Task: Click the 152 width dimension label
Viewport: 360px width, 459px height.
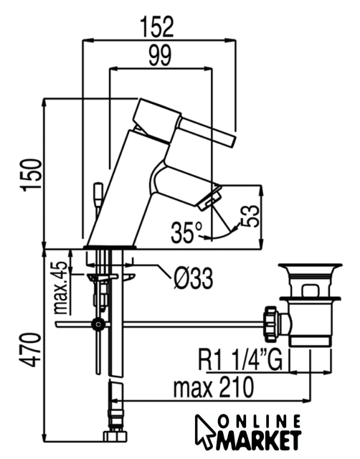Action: (157, 27)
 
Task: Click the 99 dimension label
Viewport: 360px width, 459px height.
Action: (160, 55)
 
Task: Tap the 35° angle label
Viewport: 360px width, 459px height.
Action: (186, 232)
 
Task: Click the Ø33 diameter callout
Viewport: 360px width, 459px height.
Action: (193, 279)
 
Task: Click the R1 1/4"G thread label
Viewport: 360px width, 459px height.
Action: (240, 359)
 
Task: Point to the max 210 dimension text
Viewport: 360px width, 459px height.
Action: (214, 387)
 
